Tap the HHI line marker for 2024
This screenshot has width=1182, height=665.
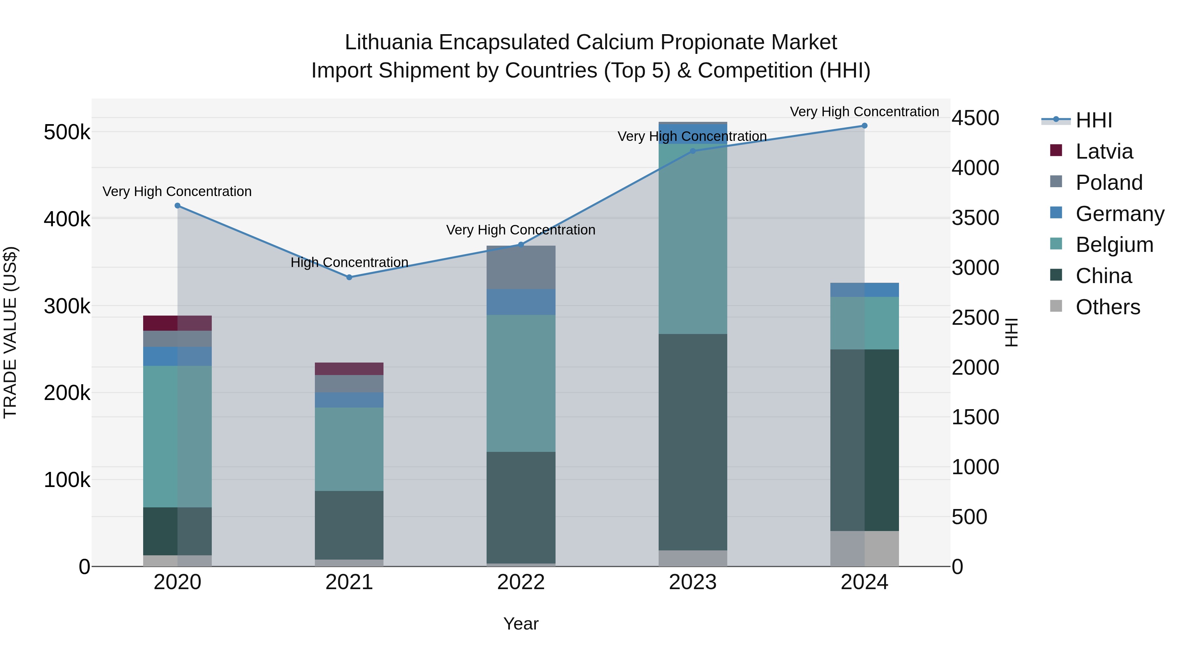click(x=864, y=126)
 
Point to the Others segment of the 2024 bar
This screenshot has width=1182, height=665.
click(x=864, y=548)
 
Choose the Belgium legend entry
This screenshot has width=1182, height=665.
click(x=1114, y=245)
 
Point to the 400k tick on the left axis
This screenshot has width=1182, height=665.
click(x=67, y=219)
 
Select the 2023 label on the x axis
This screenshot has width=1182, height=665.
click(x=692, y=582)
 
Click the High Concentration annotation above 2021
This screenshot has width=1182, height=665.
click(x=349, y=262)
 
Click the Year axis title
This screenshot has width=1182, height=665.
click(x=521, y=624)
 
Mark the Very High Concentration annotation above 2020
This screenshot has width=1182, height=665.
click(x=177, y=191)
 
